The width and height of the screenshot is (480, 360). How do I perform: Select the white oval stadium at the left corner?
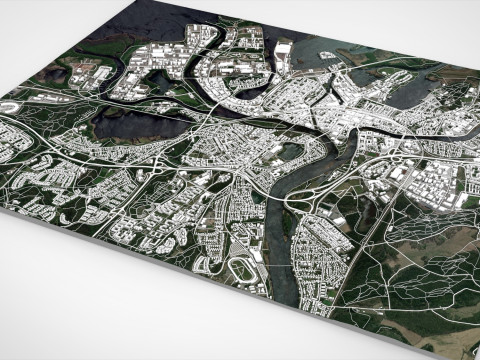tap(11, 104)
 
